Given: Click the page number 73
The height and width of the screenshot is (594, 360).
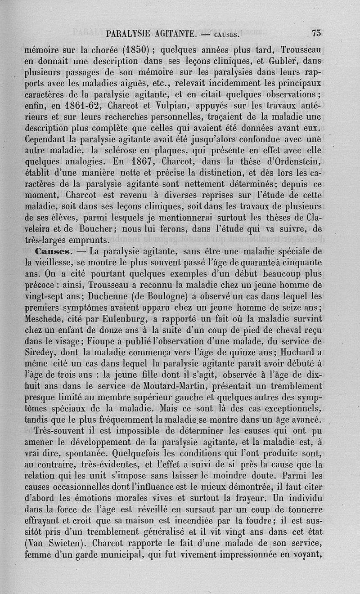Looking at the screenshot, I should coord(316,33).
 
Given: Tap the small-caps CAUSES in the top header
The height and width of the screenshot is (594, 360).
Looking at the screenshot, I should coord(227,34).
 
